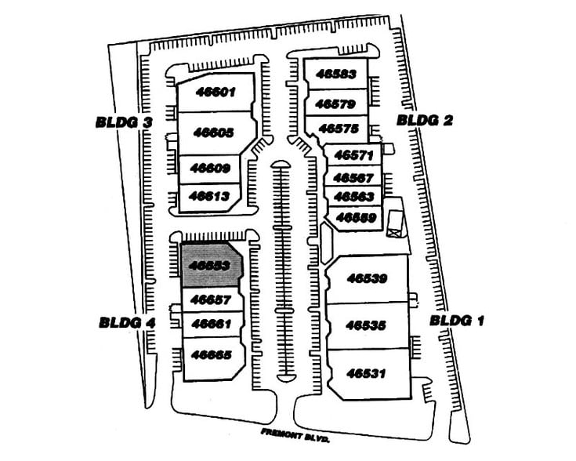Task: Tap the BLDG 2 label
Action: coord(425,120)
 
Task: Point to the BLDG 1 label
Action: coord(458,320)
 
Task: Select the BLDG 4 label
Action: coord(128,321)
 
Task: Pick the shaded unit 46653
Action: coord(210,265)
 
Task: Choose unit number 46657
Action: coord(209,299)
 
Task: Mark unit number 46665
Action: coord(210,354)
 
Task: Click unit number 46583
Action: coord(336,75)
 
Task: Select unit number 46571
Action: coord(353,155)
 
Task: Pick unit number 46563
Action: coord(353,197)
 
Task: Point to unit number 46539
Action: coord(367,278)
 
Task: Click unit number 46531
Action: coord(367,373)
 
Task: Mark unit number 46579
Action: coord(336,103)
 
